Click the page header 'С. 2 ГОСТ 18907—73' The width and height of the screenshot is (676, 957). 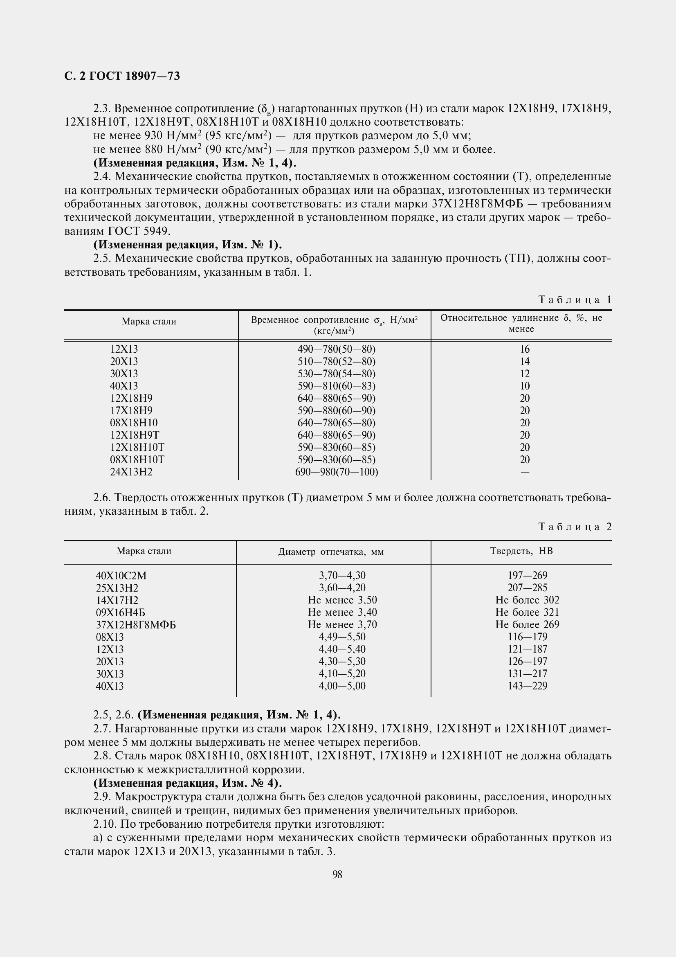click(122, 76)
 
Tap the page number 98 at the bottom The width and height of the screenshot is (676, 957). click(337, 874)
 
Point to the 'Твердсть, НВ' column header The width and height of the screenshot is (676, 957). click(521, 551)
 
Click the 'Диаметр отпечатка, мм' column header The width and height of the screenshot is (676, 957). click(331, 552)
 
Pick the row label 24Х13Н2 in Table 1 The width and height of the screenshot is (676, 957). click(131, 472)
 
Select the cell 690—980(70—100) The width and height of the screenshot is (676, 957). click(337, 472)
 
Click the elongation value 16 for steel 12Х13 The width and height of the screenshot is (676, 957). click(525, 349)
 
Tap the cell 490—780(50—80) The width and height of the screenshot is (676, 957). click(337, 349)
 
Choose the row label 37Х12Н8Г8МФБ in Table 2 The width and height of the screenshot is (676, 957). click(136, 625)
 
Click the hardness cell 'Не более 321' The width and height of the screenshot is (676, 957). click(527, 612)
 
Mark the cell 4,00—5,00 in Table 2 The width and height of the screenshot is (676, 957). click(342, 686)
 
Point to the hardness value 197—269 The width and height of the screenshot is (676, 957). click(527, 576)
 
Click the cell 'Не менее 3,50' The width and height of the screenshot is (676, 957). click(342, 600)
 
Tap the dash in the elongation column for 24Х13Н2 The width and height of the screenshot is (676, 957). click(525, 472)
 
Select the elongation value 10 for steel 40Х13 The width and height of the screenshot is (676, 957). click(525, 386)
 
